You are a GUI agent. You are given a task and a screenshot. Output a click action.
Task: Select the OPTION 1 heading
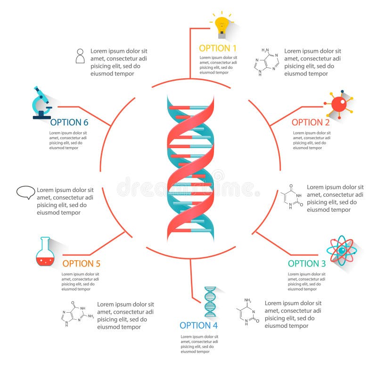218,48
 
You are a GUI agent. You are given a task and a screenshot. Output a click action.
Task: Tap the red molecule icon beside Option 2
338,103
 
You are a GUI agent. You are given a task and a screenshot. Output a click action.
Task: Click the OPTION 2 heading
311,122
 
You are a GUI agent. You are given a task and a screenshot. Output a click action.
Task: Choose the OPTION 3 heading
307,264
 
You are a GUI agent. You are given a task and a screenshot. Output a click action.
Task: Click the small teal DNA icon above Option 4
210,302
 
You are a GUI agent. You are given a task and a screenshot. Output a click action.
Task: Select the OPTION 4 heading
198,325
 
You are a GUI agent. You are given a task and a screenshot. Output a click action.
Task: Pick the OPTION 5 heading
82,264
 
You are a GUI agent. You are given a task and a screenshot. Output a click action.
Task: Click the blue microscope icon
41,102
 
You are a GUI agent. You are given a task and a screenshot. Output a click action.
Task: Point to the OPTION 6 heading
69,122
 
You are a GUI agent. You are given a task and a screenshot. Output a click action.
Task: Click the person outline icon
80,56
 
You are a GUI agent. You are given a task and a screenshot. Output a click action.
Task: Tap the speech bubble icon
26,192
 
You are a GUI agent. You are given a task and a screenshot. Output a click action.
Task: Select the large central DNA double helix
190,169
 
